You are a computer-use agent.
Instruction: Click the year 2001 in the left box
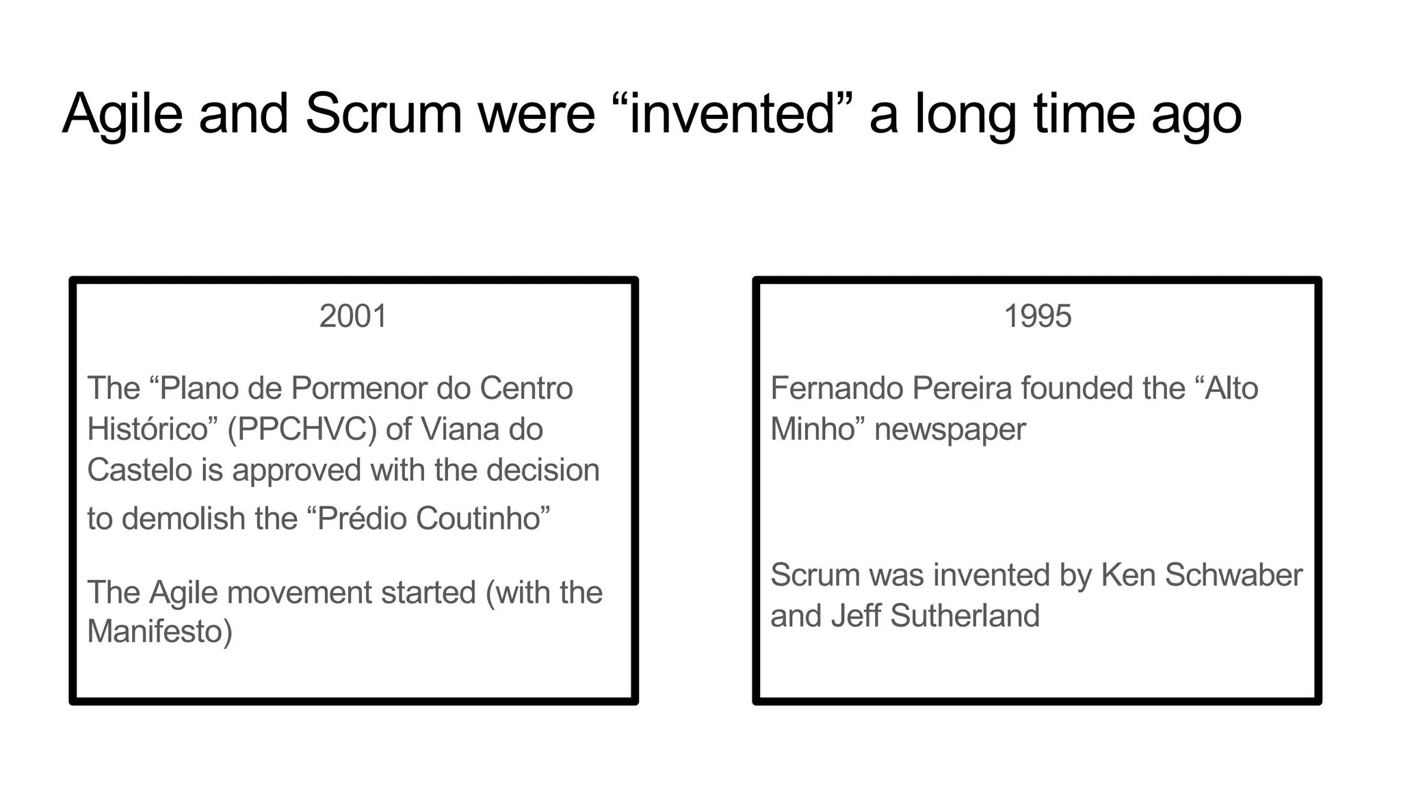[x=353, y=317]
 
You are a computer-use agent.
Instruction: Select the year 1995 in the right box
[x=1037, y=317]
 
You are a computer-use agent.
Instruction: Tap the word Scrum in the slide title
[x=383, y=114]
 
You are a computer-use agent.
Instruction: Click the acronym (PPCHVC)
[x=302, y=430]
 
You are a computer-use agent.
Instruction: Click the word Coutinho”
[x=482, y=518]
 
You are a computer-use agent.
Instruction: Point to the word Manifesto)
[x=160, y=631]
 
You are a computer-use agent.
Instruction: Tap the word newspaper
[x=950, y=430]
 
